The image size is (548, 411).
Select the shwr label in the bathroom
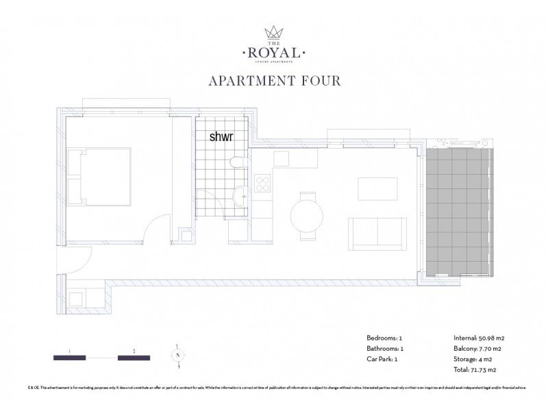tap(221, 136)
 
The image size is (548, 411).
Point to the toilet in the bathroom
tap(236, 162)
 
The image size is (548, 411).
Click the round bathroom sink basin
tap(240, 197)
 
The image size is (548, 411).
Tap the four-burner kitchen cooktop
tap(262, 184)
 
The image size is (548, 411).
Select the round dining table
tap(308, 219)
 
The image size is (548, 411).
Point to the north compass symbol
tap(176, 356)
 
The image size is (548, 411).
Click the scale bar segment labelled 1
tap(69, 357)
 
